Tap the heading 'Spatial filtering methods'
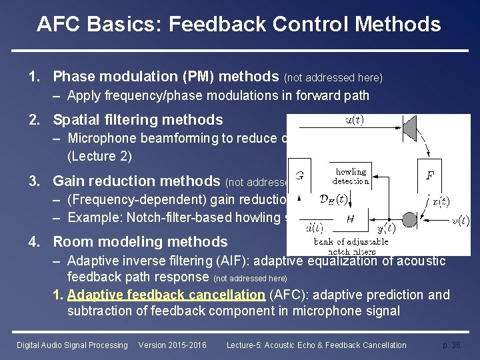click(137, 120)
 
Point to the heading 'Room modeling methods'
click(140, 242)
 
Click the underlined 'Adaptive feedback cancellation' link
click(166, 295)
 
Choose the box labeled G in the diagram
click(301, 177)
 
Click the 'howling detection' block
click(351, 176)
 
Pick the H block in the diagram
click(349, 219)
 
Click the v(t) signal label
click(459, 221)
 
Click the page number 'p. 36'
click(452, 345)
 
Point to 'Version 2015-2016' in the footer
click(172, 345)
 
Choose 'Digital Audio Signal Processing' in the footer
click(72, 345)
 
